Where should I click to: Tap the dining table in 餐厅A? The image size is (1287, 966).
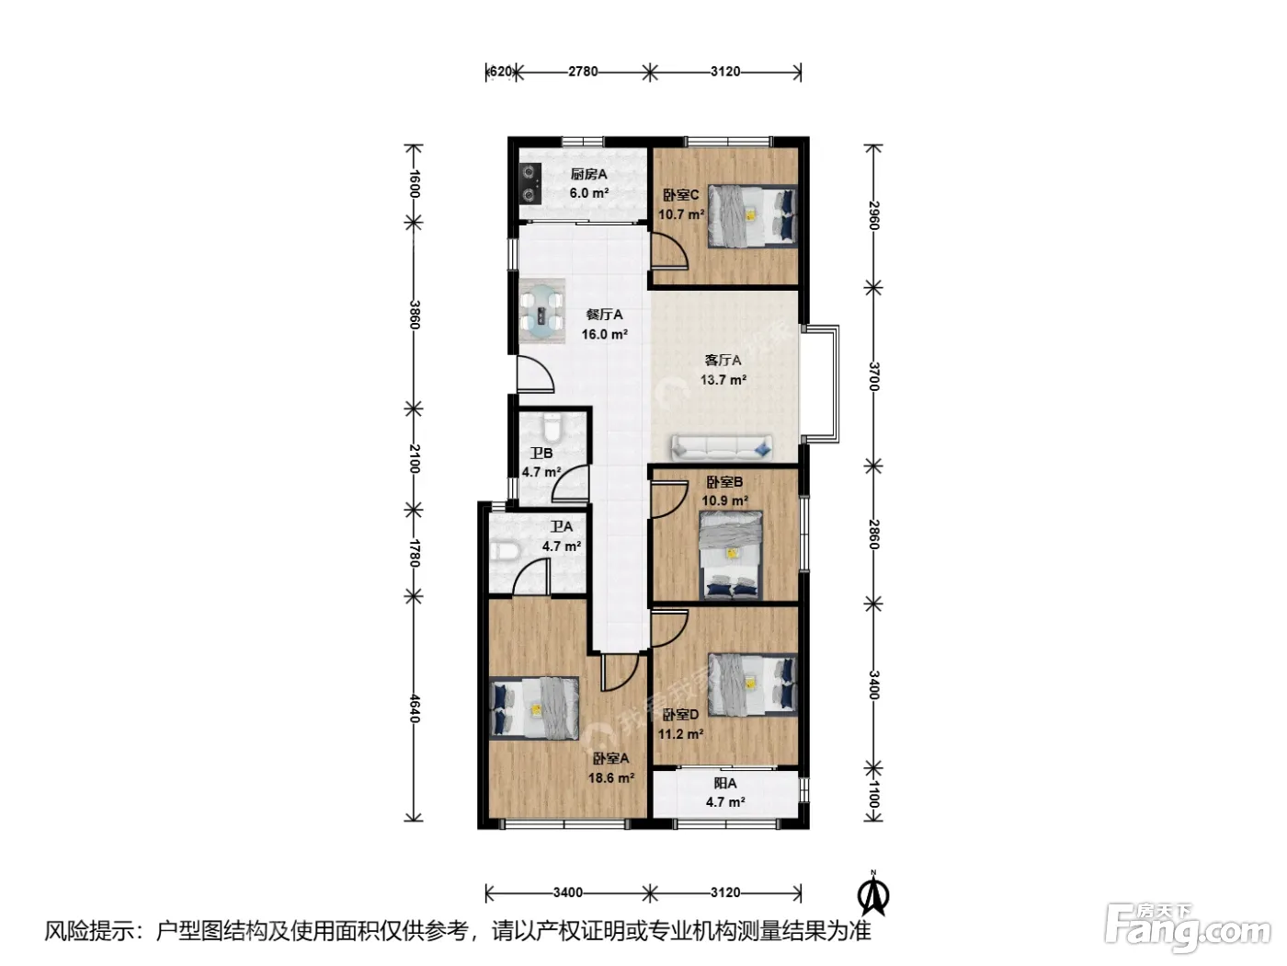[541, 311]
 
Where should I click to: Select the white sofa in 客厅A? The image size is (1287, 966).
[722, 448]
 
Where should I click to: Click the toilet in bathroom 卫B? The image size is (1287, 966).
[552, 428]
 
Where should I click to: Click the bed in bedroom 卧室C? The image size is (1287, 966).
[753, 216]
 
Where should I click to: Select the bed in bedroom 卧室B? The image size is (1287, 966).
[731, 555]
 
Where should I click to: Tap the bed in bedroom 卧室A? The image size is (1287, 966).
[534, 707]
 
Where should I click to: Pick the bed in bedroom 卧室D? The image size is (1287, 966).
[753, 685]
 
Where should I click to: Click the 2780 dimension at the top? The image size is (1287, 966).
[583, 72]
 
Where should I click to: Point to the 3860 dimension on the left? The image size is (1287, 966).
[414, 315]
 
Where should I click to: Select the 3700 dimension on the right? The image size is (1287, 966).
[873, 376]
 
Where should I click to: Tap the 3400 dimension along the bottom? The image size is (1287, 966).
[567, 892]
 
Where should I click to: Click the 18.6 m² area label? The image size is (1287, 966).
[611, 778]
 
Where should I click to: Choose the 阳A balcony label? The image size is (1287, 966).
[725, 783]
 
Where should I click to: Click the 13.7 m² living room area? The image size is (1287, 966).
[723, 380]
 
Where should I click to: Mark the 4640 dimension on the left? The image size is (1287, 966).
[414, 708]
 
